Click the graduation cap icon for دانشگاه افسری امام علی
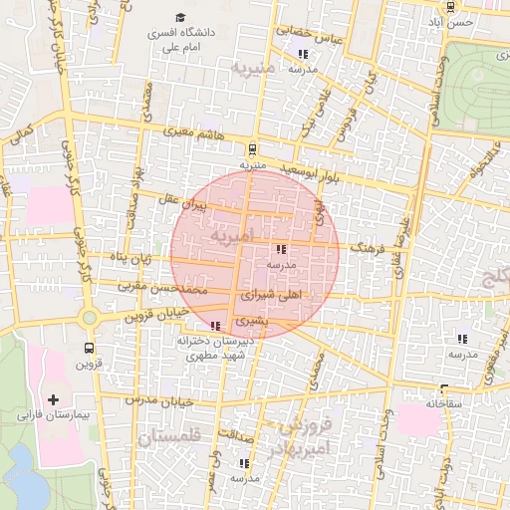180,17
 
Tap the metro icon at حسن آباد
450,7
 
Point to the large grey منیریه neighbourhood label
252,69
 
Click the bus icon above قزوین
90,349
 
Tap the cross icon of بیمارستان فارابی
53,398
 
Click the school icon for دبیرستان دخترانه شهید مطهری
216,326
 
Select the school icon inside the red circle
281,250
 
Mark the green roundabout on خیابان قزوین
90,317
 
